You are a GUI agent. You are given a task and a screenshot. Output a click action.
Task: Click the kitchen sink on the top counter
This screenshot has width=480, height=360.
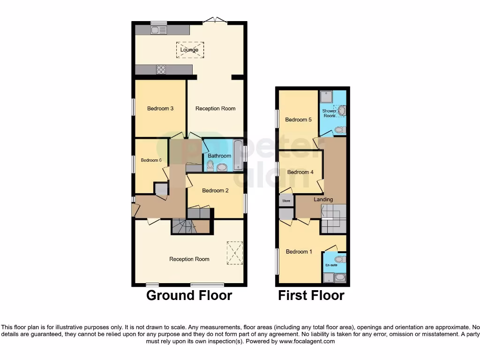(x=159, y=30)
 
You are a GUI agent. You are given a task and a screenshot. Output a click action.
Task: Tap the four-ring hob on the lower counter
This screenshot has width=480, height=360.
(x=161, y=69)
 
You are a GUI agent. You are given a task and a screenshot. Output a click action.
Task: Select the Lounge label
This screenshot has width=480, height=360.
(x=189, y=50)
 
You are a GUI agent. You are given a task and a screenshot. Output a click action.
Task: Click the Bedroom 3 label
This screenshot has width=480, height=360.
(x=160, y=108)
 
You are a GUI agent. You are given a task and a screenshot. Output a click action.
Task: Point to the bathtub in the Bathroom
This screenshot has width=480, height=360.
(x=238, y=155)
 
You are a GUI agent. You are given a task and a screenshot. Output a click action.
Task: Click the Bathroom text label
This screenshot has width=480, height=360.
(x=219, y=156)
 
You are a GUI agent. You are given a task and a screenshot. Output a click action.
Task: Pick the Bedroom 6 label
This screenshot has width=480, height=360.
(x=151, y=160)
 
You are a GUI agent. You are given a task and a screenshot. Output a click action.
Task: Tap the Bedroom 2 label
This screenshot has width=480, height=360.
(x=216, y=190)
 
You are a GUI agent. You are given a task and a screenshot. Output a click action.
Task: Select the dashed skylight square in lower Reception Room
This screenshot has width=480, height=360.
(x=235, y=253)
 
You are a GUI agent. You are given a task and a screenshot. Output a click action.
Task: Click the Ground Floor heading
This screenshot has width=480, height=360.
(x=189, y=295)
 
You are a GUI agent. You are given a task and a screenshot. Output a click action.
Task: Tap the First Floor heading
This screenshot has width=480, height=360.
(x=311, y=295)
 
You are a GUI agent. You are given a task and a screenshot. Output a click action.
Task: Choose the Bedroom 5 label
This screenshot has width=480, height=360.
(x=298, y=120)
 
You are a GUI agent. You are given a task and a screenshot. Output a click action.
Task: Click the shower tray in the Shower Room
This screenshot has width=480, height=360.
(x=326, y=97)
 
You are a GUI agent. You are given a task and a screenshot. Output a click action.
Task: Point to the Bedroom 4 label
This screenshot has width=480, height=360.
(x=300, y=172)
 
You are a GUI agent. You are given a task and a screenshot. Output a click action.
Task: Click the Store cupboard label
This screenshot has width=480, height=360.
(x=286, y=201)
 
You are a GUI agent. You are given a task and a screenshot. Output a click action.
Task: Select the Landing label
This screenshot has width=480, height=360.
(x=323, y=199)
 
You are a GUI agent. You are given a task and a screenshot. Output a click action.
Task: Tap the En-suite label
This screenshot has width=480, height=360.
(x=331, y=265)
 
